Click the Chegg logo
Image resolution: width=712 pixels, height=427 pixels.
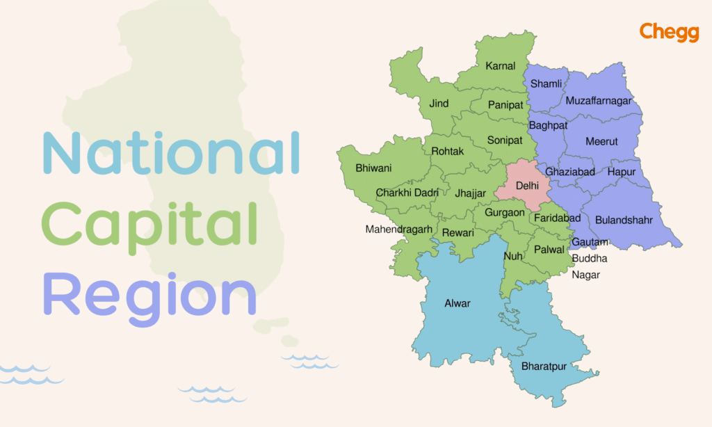668,32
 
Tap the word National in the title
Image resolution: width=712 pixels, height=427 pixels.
171,154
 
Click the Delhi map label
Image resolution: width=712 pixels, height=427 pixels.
528,186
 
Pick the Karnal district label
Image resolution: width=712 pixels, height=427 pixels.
501,66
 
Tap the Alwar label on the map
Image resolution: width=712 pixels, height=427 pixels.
457,303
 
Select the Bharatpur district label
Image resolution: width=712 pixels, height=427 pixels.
544,366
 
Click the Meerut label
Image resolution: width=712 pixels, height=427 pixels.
601,141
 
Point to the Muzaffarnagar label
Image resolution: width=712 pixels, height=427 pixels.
599,101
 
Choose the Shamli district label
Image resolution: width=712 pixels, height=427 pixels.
546,83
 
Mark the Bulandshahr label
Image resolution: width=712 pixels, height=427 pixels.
624,220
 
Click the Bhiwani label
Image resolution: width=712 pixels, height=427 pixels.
373,168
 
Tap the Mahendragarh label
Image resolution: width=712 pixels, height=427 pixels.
399,229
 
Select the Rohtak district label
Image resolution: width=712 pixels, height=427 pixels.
448,151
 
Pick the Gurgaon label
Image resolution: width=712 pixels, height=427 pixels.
505,212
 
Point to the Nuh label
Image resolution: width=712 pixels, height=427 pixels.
513,256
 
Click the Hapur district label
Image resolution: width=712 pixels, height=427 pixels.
622,172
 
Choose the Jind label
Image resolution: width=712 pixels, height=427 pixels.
439,104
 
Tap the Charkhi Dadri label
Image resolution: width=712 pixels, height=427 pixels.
407,193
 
